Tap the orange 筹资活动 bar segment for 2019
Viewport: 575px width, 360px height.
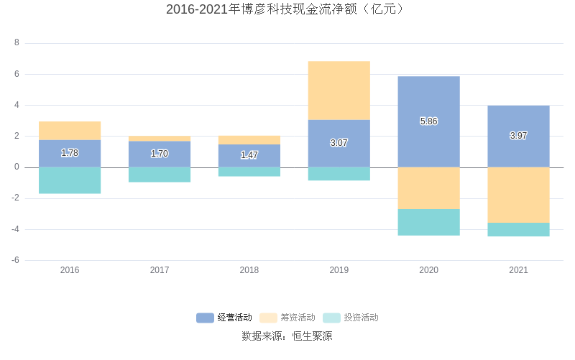tap(339, 91)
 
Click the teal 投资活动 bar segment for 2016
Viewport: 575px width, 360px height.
tap(70, 180)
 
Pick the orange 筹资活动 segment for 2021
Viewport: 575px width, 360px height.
tap(518, 195)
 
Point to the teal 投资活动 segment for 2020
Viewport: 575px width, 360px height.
tap(428, 222)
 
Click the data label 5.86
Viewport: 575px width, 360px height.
tap(428, 121)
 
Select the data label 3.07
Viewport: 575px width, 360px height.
tap(339, 143)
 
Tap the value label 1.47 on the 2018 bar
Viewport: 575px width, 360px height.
tap(249, 155)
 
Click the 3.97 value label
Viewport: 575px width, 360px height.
tap(518, 136)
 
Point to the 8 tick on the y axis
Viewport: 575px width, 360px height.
tap(17, 43)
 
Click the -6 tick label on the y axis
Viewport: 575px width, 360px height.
tap(15, 260)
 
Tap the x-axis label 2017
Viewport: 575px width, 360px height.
tap(160, 270)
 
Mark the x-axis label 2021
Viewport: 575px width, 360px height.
tap(518, 270)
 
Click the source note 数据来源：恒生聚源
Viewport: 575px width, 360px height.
tap(287, 336)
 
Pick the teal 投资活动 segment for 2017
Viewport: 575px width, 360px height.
tap(160, 175)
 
